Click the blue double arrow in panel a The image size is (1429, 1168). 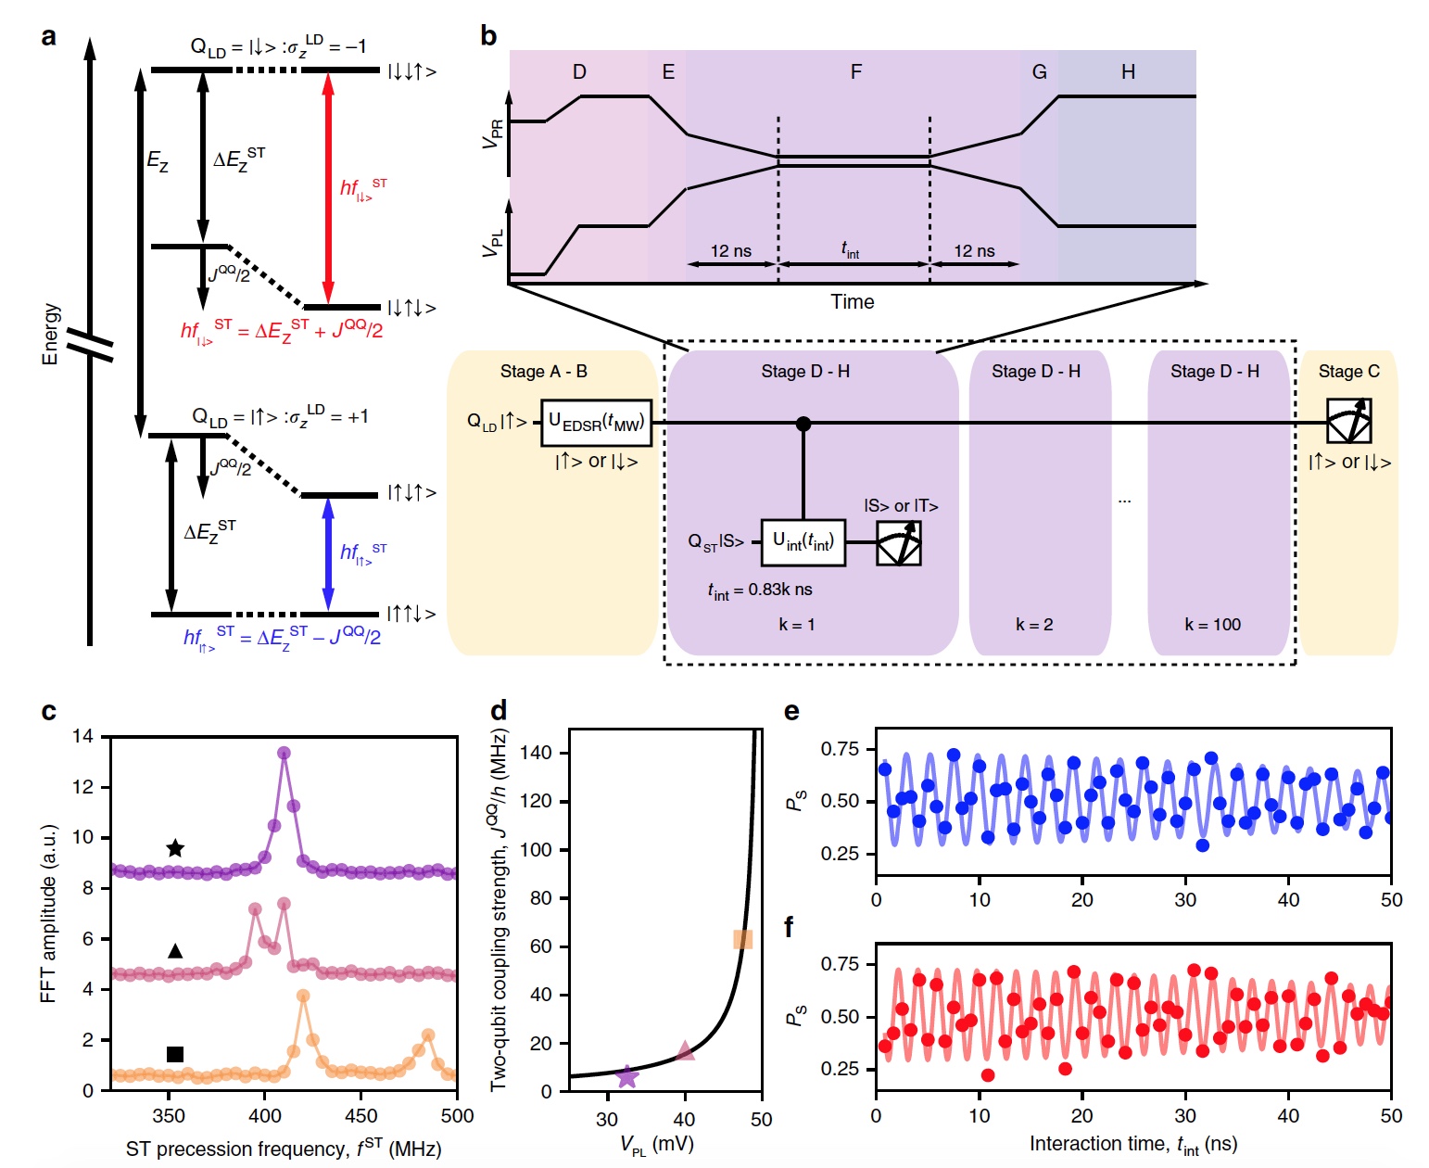(327, 554)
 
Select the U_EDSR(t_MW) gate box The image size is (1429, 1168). (596, 423)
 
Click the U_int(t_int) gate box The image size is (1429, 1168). (803, 541)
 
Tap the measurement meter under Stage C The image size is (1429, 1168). (1348, 421)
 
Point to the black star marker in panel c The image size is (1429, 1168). (175, 848)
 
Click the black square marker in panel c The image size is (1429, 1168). (174, 1053)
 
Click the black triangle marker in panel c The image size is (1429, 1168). (175, 951)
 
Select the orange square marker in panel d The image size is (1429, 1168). (742, 939)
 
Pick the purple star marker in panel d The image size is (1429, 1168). (627, 1076)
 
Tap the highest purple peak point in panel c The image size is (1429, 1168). (284, 753)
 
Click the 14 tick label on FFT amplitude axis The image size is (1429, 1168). (83, 737)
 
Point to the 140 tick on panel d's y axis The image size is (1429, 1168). (537, 753)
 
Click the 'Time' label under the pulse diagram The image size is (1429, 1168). (852, 302)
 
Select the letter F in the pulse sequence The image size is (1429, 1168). (856, 72)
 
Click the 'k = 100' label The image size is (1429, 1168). (1212, 625)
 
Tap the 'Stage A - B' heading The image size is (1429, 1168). (544, 372)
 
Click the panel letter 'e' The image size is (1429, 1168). (791, 711)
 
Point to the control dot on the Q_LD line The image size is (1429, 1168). (803, 424)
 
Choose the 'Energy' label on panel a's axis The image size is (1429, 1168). (51, 334)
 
